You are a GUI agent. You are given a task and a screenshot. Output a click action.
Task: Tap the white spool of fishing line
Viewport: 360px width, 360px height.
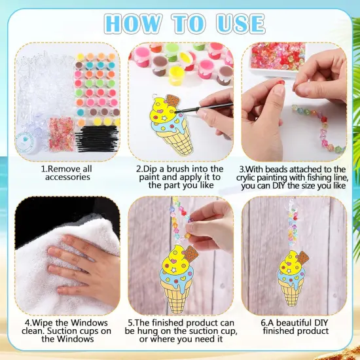tap(30, 141)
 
